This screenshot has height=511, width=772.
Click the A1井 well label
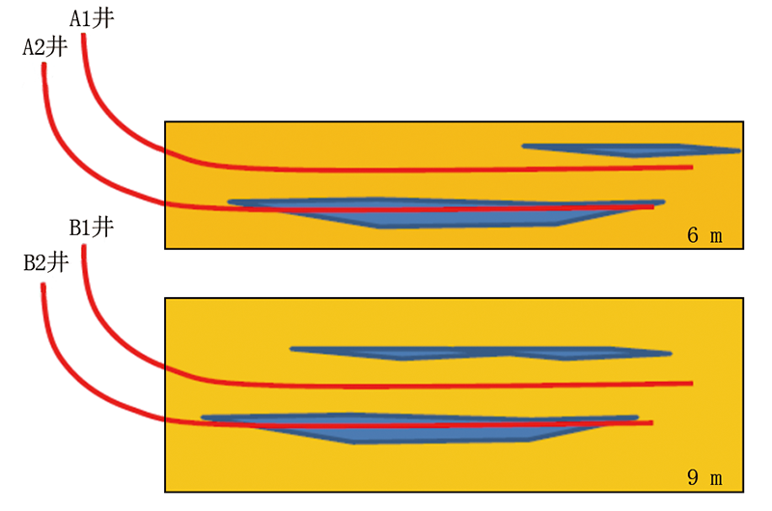click(92, 18)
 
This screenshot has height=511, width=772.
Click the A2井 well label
click(45, 47)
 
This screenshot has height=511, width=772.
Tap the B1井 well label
click(92, 228)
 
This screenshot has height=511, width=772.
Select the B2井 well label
click(45, 262)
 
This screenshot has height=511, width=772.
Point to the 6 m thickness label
click(704, 235)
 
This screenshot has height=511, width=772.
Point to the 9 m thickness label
click(704, 477)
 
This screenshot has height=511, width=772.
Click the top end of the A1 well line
click(84, 35)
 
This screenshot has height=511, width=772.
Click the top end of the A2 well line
click(43, 65)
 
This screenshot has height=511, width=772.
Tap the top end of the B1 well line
click(84, 247)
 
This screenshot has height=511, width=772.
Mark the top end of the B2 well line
click(43, 284)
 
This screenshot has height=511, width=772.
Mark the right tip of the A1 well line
click(692, 167)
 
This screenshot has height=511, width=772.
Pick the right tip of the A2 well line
click(653, 207)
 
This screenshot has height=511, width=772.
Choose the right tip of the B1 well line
click(692, 383)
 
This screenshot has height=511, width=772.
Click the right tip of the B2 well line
click(652, 422)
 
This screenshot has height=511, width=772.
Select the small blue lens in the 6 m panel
click(631, 150)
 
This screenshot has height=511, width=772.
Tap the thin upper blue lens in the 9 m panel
click(481, 353)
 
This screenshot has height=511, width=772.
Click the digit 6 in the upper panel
click(693, 235)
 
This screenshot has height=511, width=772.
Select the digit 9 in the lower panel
click(693, 477)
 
